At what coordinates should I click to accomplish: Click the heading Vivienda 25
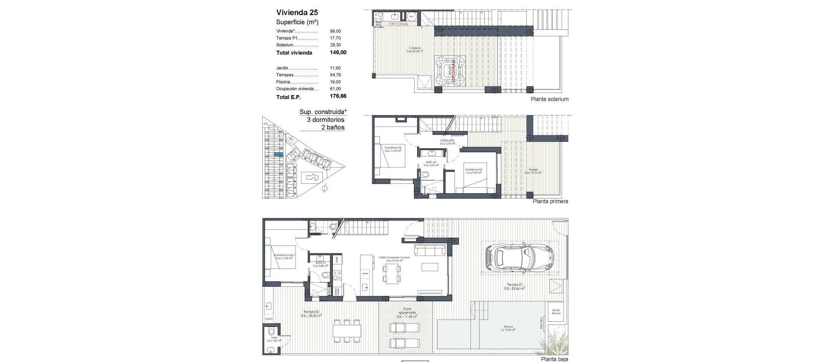pos(297,13)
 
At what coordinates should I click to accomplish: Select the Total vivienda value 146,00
pos(338,53)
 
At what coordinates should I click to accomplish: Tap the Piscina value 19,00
pos(335,82)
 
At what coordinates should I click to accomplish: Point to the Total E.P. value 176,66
pos(338,96)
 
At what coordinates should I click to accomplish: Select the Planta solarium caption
pos(549,99)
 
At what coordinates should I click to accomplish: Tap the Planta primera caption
pos(550,201)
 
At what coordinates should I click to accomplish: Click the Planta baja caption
pos(554,359)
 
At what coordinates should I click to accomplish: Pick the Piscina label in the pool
pos(508,327)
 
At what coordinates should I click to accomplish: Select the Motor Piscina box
pos(556,311)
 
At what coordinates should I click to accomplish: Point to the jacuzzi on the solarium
pos(451,70)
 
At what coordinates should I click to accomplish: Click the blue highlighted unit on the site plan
pos(278,154)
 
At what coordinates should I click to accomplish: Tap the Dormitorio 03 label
pos(473,170)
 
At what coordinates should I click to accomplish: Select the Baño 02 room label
pos(431,163)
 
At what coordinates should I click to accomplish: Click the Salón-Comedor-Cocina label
pos(394,257)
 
